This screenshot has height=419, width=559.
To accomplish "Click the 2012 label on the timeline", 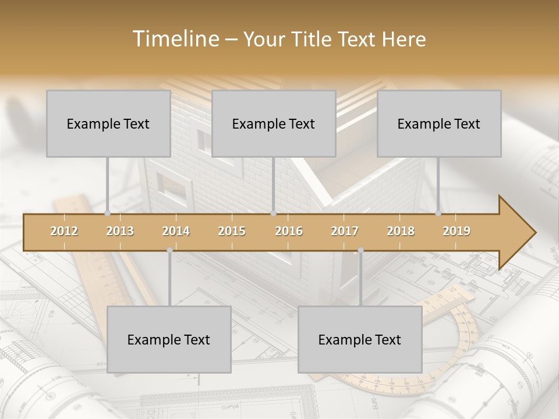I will click(x=64, y=232).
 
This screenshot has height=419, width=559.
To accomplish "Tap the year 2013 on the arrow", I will click(x=120, y=232).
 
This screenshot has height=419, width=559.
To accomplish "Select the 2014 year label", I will click(x=176, y=232).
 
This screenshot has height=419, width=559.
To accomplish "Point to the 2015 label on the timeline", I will click(x=232, y=232).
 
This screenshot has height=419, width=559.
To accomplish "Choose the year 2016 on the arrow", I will click(x=289, y=232).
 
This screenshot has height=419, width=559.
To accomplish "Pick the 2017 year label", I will click(x=345, y=232).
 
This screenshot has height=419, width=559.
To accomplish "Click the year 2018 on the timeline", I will click(x=401, y=232).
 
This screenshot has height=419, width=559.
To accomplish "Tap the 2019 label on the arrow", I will click(x=457, y=232).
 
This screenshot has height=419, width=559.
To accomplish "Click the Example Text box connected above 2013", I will click(x=108, y=123).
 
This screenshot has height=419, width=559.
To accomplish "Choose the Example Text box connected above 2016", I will click(x=274, y=123).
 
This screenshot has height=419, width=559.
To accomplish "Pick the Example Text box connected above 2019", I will click(x=439, y=123).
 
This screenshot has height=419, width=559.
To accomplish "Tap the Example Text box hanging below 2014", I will click(x=169, y=339).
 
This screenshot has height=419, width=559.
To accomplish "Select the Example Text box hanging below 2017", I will click(x=360, y=339).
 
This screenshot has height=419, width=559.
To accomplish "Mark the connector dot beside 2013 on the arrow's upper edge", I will click(x=107, y=214).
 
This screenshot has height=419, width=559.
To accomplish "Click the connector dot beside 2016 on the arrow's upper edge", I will click(x=273, y=214).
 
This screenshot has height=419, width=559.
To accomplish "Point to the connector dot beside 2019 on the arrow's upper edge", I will click(x=438, y=214).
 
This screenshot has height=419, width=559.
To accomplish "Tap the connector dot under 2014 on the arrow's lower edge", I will click(x=169, y=250).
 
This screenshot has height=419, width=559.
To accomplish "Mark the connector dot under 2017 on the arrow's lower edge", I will click(x=360, y=250).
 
